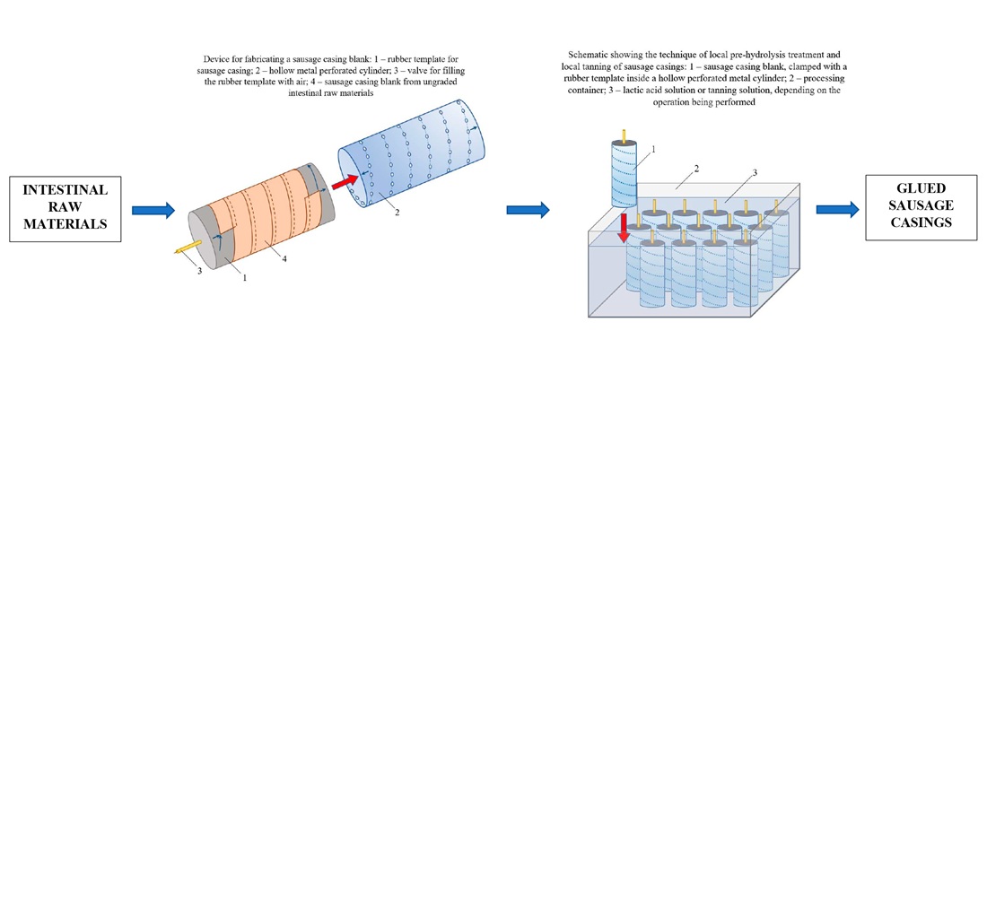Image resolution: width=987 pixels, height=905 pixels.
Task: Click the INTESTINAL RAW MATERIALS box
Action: click(x=65, y=208)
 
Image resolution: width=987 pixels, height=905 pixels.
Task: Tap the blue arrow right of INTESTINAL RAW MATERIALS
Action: click(x=153, y=210)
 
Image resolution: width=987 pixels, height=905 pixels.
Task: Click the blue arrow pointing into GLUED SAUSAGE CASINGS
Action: click(x=837, y=209)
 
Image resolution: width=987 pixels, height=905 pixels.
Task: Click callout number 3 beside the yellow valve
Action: click(x=199, y=270)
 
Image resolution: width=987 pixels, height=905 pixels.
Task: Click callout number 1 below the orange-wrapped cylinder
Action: click(x=243, y=277)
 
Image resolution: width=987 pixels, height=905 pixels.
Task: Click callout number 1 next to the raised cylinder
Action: click(x=653, y=149)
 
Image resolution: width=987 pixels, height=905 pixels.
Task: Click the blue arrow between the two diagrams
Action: click(x=528, y=209)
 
